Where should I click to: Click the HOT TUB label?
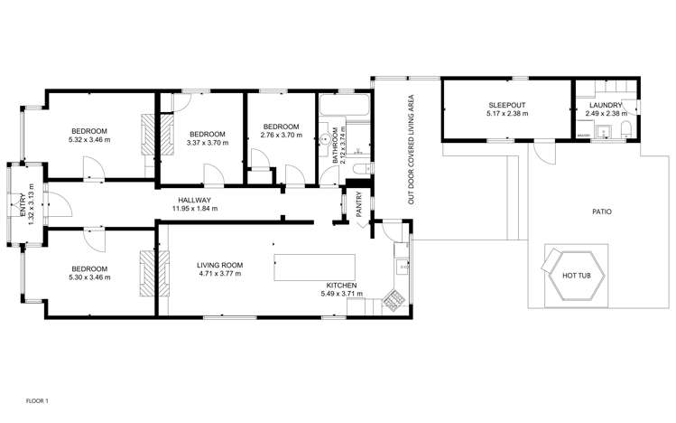(577, 275)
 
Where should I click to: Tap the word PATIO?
(601, 212)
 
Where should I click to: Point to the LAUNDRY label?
(605, 105)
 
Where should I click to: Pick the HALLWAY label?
(193, 200)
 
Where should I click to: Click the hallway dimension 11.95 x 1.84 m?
(193, 209)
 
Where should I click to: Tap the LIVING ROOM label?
(219, 265)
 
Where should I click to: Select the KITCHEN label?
(339, 285)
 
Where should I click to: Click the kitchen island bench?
(315, 268)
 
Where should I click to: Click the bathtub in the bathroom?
(343, 108)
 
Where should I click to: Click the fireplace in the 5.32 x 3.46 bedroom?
(148, 136)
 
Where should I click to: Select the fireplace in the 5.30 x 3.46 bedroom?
(148, 268)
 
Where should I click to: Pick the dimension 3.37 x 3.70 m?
(204, 142)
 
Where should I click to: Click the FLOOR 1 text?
(37, 400)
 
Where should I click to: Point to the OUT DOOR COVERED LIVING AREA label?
(411, 149)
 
